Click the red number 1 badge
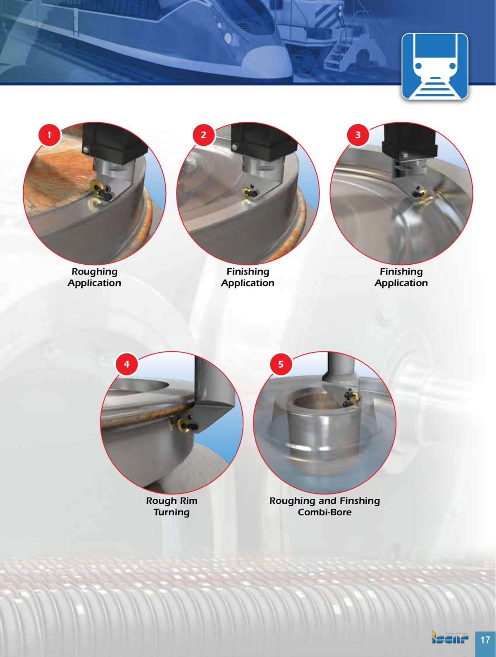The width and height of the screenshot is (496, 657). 50,135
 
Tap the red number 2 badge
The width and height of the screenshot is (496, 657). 203,135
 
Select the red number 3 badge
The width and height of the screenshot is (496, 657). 358,135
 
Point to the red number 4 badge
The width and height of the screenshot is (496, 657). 127,364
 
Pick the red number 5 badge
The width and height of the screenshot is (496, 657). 281,364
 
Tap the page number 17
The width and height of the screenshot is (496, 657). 484,640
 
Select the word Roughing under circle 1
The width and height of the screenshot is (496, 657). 94,272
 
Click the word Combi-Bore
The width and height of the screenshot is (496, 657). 324,512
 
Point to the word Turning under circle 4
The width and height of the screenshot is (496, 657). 172,512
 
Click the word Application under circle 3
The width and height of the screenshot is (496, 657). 401,283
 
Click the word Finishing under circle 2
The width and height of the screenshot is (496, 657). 248,272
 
